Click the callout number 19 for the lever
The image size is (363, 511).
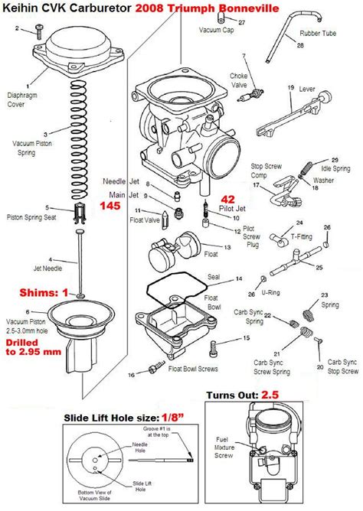click(291, 89)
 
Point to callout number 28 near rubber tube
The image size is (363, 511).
click(299, 47)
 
